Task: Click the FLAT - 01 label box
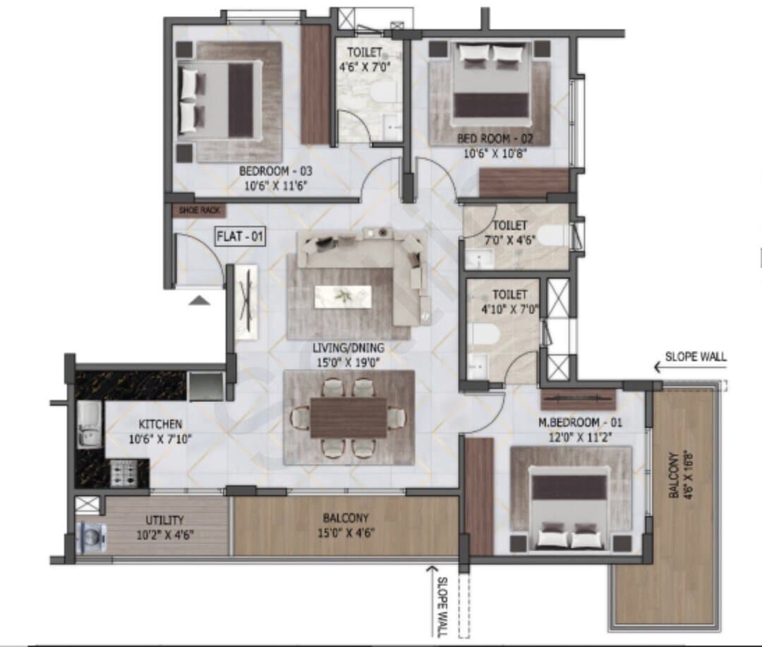point(240,237)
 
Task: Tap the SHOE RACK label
point(199,210)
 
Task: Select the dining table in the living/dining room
point(349,417)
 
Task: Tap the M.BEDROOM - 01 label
point(580,422)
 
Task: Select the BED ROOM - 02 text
point(495,138)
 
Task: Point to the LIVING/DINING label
point(348,348)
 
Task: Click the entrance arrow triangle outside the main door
point(199,300)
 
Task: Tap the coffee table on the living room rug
point(343,296)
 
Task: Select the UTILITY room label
point(164,520)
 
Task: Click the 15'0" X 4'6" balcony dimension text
point(346,533)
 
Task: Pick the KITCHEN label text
point(160,425)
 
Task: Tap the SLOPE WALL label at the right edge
point(696,357)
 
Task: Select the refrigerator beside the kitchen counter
point(207,386)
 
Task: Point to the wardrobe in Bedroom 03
point(316,85)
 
